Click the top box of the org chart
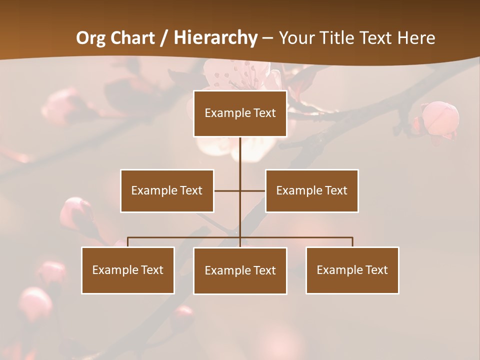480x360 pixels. pos(240,113)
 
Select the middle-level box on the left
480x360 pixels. pos(167,190)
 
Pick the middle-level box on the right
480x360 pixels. pos(311,190)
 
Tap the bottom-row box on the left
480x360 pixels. pos(128,270)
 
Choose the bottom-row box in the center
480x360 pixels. pos(240,270)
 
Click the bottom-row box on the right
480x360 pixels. pos(352,270)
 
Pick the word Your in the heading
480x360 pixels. pos(296,38)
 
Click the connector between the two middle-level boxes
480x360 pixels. pos(240,190)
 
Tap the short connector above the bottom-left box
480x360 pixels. pos(128,242)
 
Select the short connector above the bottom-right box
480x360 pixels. pos(352,242)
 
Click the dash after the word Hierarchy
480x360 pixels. pos(267,38)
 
